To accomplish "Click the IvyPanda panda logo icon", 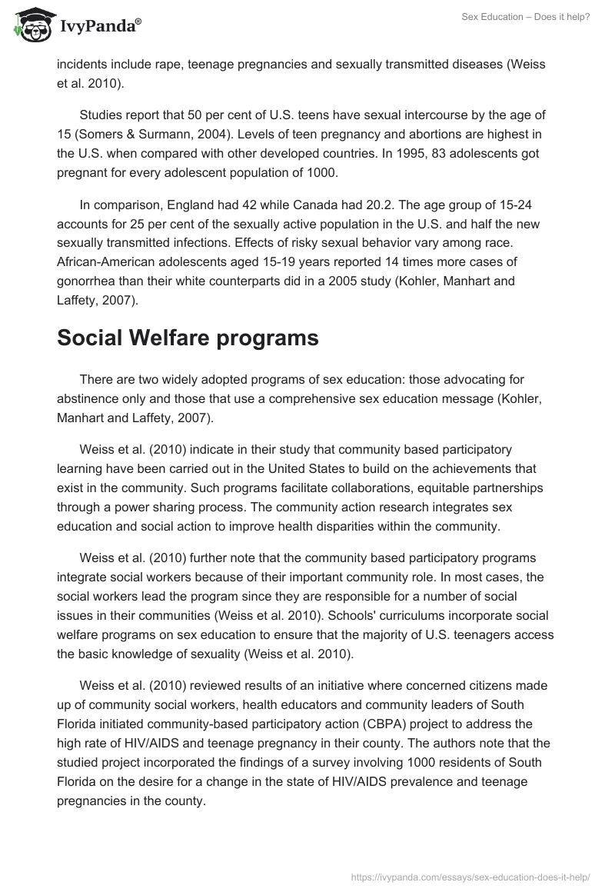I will coord(29,25).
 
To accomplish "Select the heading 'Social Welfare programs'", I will coord(188,338).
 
